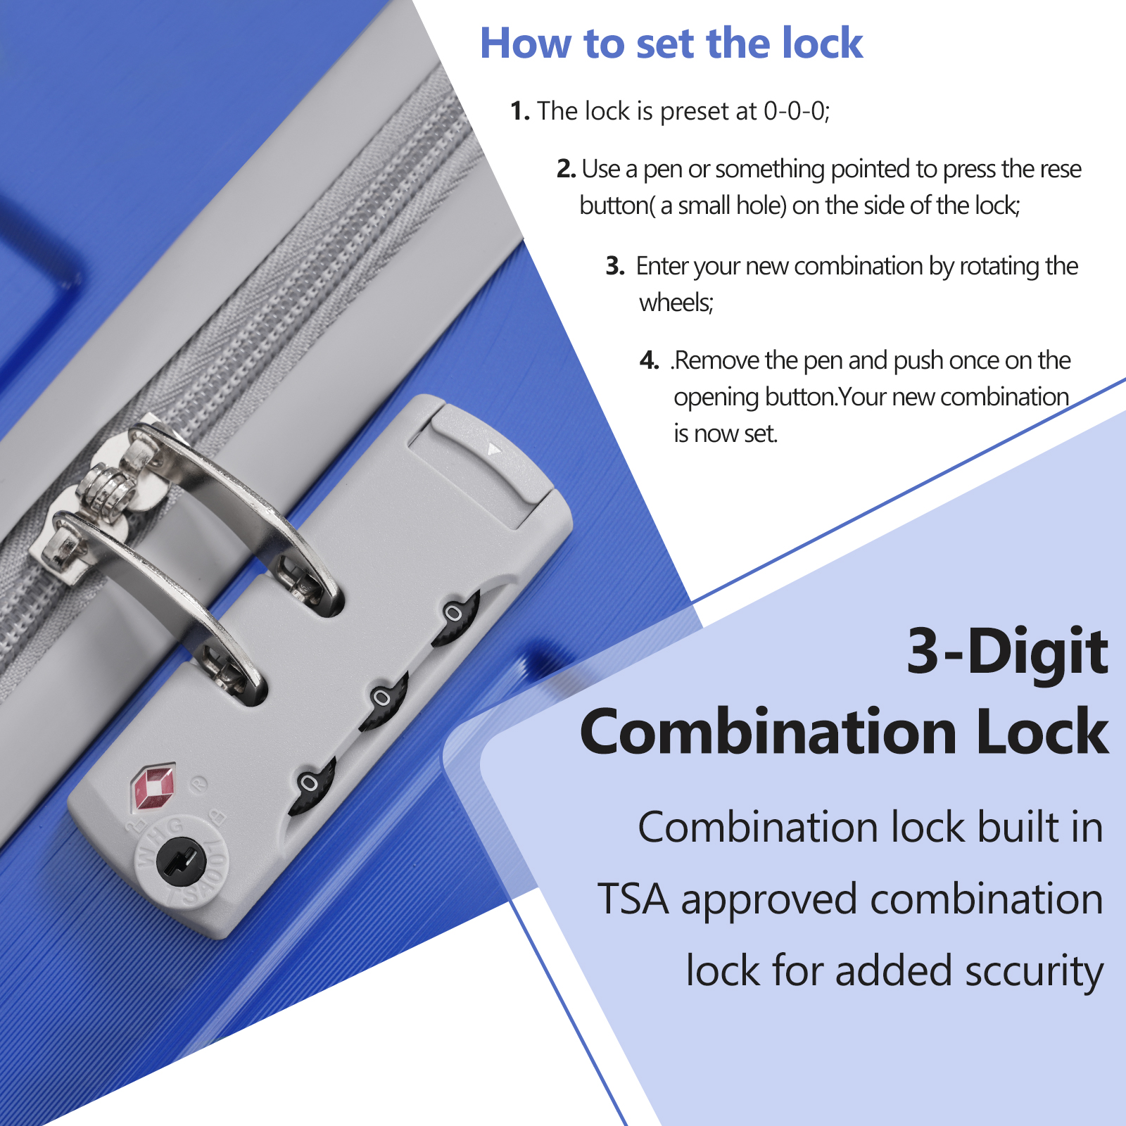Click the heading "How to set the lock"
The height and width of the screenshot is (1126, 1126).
click(x=671, y=44)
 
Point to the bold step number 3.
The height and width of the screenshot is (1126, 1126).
click(x=615, y=266)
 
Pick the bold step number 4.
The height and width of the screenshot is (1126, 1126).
click(x=650, y=360)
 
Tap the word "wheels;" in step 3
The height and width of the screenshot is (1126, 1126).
click(x=676, y=303)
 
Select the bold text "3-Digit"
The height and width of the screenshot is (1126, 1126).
click(x=1008, y=651)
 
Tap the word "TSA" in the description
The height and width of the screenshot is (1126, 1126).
click(x=633, y=899)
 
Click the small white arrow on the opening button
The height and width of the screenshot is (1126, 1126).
click(x=495, y=448)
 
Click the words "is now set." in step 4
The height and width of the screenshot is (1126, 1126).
click(x=726, y=434)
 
